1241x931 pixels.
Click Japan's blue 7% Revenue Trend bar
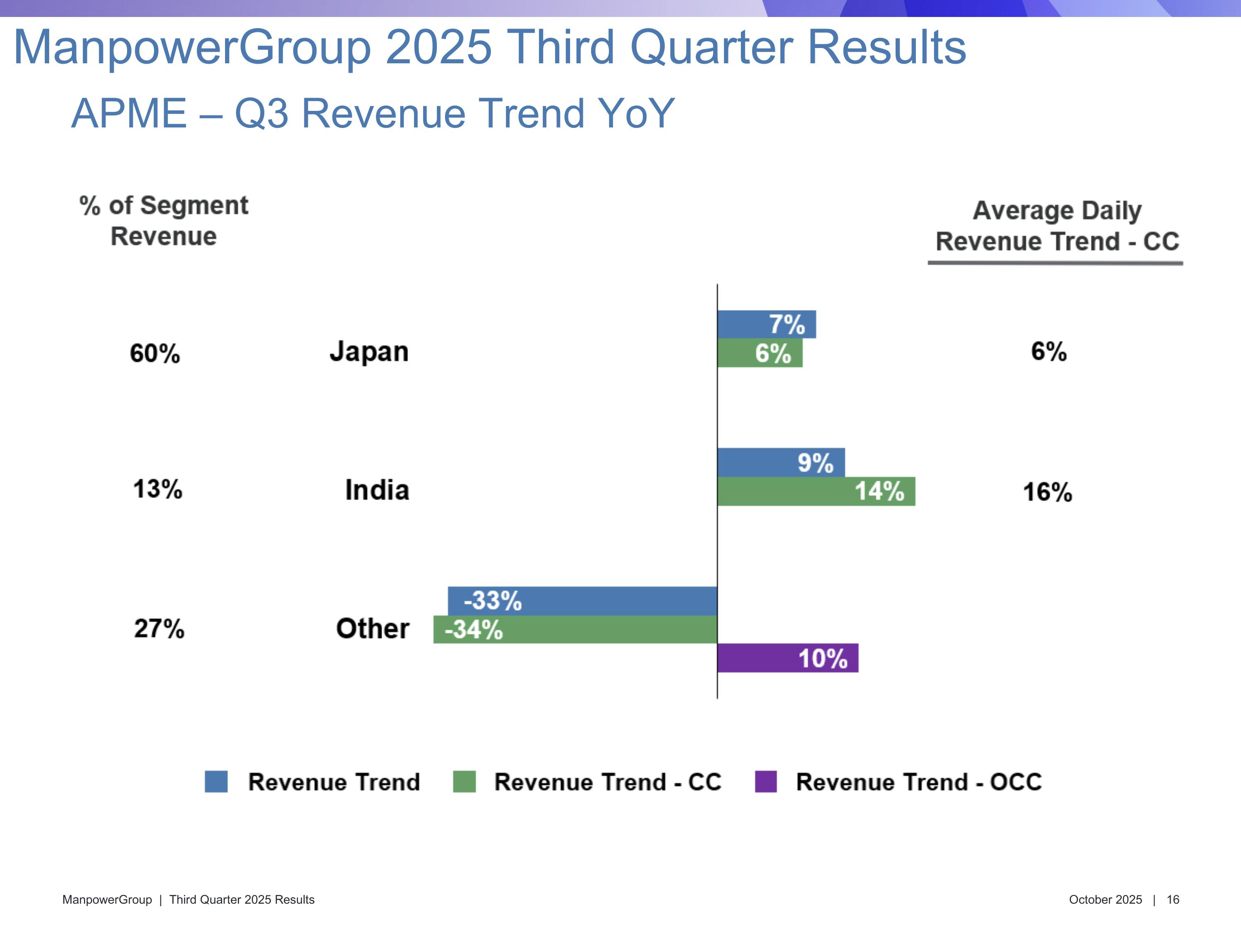tap(767, 324)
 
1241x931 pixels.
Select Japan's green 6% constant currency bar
tap(759, 353)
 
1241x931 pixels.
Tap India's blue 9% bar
tap(781, 463)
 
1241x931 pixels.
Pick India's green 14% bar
tap(816, 491)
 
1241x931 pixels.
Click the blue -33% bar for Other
tap(582, 600)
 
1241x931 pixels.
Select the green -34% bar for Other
tap(575, 629)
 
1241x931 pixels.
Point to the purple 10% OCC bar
tap(788, 658)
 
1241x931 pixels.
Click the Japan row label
tap(369, 352)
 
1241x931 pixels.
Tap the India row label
tap(377, 490)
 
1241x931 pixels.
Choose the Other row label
tap(373, 628)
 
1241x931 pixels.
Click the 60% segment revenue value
tap(155, 353)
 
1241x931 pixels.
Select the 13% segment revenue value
tap(158, 489)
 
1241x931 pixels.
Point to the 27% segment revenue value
tap(159, 628)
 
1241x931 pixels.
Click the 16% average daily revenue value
tap(1047, 492)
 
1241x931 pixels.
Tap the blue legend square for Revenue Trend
tap(216, 781)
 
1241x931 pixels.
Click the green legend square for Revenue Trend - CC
tap(464, 781)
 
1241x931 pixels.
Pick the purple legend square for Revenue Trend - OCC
tap(766, 781)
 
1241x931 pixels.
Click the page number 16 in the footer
tap(1173, 900)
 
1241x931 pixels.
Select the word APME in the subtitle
tap(129, 113)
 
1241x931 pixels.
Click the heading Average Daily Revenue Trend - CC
tap(1057, 226)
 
